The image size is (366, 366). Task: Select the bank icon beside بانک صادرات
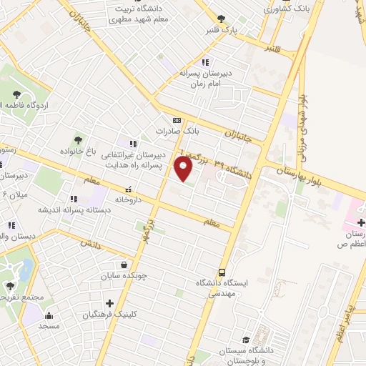pos(177,120)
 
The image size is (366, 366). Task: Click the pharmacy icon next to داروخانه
pos(128,190)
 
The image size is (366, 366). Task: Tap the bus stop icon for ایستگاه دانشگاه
pos(222,272)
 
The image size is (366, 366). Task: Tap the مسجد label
pos(49,326)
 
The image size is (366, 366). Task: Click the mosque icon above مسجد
pos(49,315)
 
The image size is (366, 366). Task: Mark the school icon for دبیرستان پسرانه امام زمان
pos(206,61)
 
